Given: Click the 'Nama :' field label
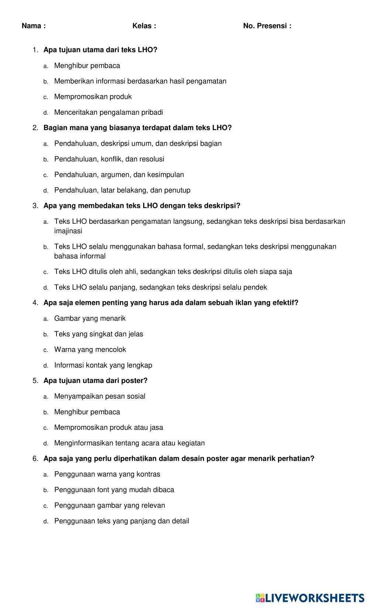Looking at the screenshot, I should click(x=34, y=26).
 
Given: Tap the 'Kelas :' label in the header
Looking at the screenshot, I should click(x=144, y=26).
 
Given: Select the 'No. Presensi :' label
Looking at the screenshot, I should click(x=267, y=26).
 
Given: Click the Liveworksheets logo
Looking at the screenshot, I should click(x=310, y=597).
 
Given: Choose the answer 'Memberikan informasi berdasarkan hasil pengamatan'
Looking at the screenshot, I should click(x=140, y=81).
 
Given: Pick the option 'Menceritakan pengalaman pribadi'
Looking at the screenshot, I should click(x=108, y=112).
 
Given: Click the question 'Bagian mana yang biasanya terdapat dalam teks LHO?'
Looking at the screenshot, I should click(x=137, y=128).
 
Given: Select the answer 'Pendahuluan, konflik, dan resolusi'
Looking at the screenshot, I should click(x=109, y=159).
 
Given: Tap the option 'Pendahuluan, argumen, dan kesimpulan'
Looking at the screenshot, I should click(x=119, y=175).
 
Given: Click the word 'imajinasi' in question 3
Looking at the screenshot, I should click(x=68, y=231).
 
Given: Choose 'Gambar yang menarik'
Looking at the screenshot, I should click(x=90, y=318).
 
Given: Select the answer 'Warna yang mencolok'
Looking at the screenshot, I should click(x=90, y=349).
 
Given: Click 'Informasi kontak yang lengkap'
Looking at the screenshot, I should click(x=103, y=365).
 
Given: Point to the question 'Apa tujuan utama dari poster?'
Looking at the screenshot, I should click(x=95, y=381).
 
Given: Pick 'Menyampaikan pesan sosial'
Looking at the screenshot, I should click(x=100, y=396).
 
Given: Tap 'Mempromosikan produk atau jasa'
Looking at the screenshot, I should click(x=108, y=428).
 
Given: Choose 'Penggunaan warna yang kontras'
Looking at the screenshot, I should click(x=107, y=474).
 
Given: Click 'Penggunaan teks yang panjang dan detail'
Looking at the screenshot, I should click(x=121, y=521).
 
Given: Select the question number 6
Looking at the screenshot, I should click(x=35, y=459).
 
